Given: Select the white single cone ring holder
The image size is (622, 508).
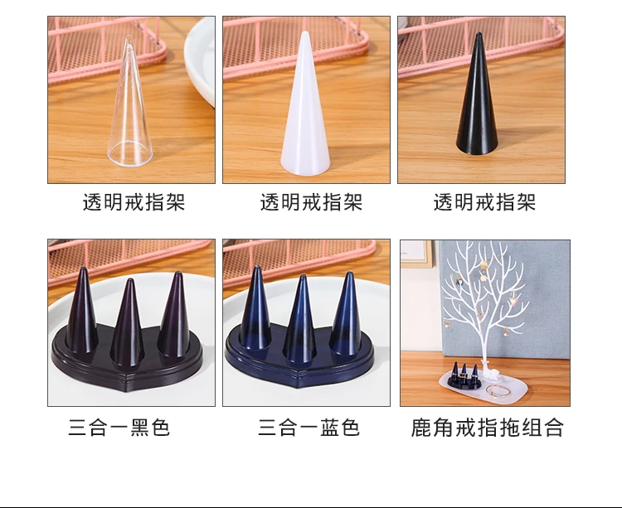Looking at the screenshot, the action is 305,107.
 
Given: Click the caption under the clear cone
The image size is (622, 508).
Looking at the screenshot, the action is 134,202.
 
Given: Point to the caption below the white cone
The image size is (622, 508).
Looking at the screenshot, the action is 311,202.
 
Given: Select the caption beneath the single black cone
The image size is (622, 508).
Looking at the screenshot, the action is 484,202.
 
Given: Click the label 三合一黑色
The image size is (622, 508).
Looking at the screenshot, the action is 119,428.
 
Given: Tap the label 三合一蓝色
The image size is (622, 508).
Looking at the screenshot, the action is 309,428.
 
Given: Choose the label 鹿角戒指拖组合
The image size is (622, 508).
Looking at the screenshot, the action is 487,428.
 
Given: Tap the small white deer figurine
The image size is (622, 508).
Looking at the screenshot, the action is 487,372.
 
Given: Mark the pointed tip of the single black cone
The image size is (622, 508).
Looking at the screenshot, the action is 479,33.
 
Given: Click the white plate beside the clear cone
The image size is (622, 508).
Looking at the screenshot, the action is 201,60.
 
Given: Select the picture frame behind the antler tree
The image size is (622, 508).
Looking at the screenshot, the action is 415,254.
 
